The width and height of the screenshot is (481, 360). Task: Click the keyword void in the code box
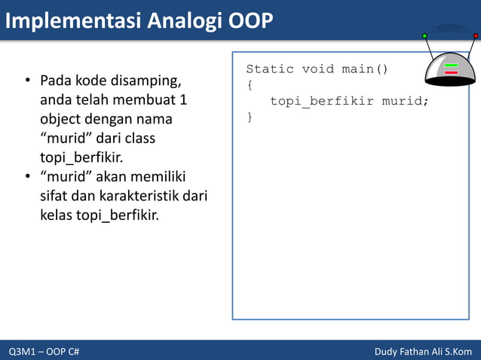point(317,69)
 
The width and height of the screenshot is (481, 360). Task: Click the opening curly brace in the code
point(250,85)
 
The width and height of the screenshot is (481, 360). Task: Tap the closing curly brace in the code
point(250,117)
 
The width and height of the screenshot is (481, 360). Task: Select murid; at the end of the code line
point(405,101)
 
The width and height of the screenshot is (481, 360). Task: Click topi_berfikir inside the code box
point(322,101)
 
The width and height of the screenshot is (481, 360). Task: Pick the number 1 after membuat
point(183,99)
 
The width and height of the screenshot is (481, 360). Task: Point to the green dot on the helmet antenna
point(424,35)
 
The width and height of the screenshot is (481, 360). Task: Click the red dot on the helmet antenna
point(476,35)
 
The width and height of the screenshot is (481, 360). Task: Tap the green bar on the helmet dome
point(452,66)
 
